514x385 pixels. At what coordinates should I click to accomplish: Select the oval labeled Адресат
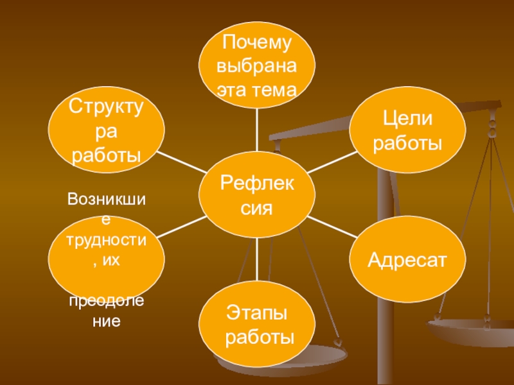click(x=407, y=260)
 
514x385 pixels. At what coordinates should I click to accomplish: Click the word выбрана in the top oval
click(x=257, y=66)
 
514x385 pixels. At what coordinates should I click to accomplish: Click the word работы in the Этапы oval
click(x=257, y=338)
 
